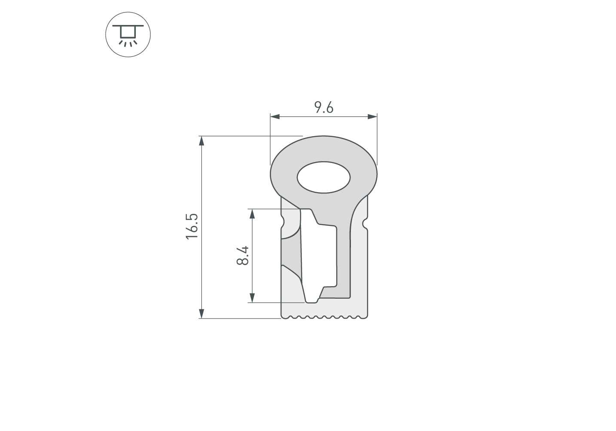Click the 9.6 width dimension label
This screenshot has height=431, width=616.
tap(324, 107)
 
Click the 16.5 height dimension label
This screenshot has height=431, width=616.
tap(192, 227)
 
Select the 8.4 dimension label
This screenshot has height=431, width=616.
tap(243, 255)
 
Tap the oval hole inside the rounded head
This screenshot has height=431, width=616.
tap(323, 177)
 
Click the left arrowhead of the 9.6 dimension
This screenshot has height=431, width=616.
tap(275, 116)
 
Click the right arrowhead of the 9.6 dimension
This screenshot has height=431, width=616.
tap(372, 116)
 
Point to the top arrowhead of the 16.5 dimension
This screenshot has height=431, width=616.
tap(202, 141)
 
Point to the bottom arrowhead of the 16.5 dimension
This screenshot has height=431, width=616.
tap(202, 314)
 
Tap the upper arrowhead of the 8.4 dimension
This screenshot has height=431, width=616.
tap(252, 214)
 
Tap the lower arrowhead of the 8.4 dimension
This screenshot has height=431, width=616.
tap(252, 298)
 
